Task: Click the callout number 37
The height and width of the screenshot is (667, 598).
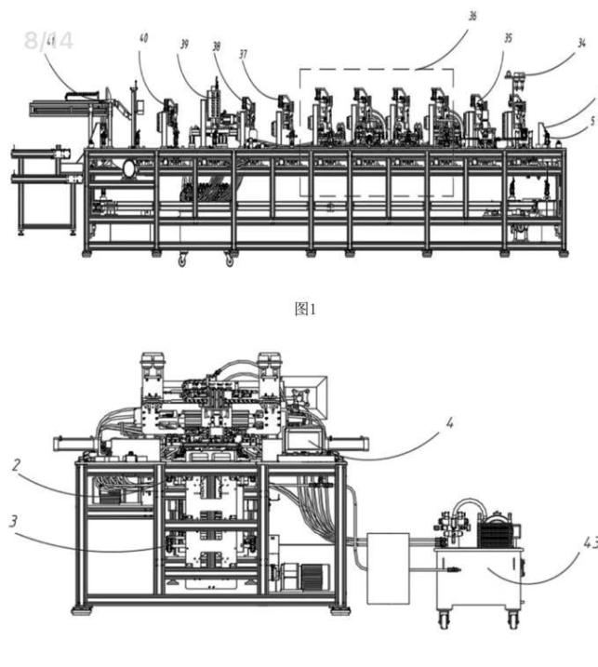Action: [x=244, y=54]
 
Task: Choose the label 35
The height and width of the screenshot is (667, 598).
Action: [x=508, y=39]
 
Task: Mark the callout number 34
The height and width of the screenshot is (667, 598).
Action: [x=581, y=42]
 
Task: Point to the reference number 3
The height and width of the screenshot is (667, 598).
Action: [x=13, y=521]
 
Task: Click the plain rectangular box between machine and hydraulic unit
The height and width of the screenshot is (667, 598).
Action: [x=389, y=567]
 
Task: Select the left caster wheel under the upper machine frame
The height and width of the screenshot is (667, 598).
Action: [x=179, y=261]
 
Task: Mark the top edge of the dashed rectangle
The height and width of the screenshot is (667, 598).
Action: [x=376, y=69]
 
